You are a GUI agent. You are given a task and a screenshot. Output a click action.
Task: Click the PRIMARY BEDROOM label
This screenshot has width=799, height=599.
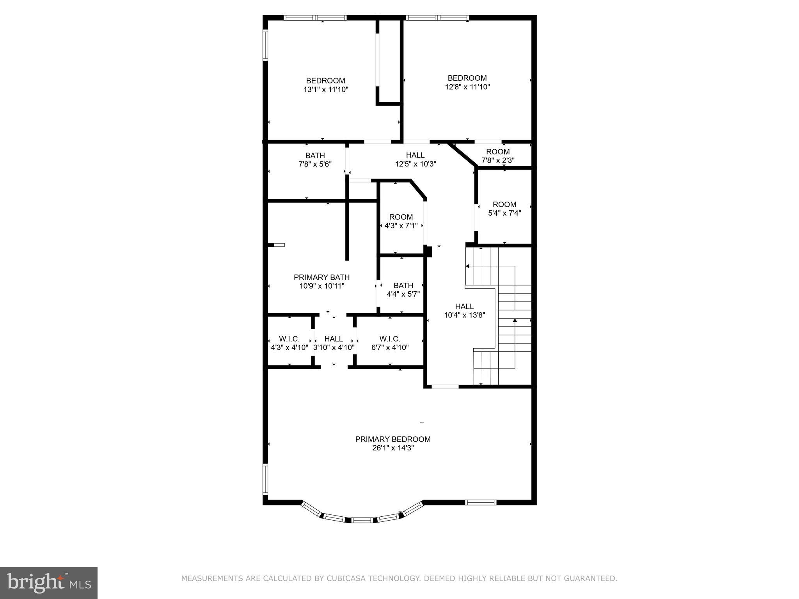pos(392,439)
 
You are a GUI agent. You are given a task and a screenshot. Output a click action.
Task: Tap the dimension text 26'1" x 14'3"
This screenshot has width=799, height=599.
pos(392,448)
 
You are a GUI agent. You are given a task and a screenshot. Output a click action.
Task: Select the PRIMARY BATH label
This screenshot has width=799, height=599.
pos(321,277)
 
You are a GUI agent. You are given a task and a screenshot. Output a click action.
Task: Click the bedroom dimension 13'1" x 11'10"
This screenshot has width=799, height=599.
pos(325,90)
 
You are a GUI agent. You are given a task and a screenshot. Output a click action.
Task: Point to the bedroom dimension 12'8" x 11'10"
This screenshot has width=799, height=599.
pos(467,87)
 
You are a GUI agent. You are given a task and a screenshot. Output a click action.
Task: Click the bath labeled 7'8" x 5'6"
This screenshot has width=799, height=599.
pos(315,160)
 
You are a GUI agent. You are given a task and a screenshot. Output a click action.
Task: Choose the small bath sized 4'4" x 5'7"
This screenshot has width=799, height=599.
pos(403,290)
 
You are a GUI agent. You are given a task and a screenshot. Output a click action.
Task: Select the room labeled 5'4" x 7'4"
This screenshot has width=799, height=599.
pos(504,209)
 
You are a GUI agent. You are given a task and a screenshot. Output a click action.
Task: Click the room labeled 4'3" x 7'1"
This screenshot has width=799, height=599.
pos(401,221)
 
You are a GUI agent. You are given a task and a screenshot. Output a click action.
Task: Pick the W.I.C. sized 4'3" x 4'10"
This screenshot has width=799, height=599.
pos(289,343)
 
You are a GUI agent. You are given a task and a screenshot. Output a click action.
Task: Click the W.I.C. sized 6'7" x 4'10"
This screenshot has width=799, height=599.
pos(390,343)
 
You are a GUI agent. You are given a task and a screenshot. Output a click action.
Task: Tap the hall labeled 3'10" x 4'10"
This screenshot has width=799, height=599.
pos(334,343)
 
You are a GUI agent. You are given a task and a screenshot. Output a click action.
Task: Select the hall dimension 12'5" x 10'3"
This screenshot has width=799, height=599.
pos(415,164)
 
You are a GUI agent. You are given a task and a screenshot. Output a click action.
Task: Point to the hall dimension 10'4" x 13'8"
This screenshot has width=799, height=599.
pos(464,315)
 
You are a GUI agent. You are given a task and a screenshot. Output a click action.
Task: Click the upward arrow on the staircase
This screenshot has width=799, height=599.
pos(515,321)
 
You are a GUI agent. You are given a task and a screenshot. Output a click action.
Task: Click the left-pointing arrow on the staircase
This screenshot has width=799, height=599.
pos(467,266)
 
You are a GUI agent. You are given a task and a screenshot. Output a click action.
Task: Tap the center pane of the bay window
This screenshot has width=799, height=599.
pos(361,520)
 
